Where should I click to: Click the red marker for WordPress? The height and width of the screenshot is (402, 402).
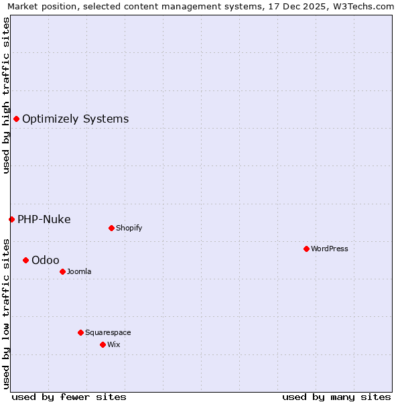[x=306, y=249]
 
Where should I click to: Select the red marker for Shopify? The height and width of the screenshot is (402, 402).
[x=111, y=228]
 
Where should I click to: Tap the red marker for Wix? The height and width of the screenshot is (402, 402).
[x=103, y=344]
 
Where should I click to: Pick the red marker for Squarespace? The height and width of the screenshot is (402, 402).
[x=80, y=332]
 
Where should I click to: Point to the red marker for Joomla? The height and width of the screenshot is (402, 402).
[x=62, y=271]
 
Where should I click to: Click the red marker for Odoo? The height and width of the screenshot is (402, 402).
[x=25, y=260]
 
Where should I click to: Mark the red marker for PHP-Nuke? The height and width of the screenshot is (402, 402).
[x=11, y=219]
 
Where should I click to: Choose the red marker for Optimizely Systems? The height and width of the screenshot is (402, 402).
[x=16, y=119]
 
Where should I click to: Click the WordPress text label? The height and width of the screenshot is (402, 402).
[x=330, y=249]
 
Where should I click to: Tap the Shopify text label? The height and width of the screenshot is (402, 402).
[x=129, y=228]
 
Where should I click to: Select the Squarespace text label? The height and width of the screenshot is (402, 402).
[x=108, y=332]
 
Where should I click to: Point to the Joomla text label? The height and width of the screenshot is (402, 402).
[x=79, y=271]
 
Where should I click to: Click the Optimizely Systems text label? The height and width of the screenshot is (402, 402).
[x=76, y=119]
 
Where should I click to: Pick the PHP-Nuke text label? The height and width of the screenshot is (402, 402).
[x=44, y=219]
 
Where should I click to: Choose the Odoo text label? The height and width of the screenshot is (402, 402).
[x=46, y=260]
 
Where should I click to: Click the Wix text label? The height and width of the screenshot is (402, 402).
[x=114, y=344]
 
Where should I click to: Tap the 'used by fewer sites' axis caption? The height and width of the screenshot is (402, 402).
[x=69, y=397]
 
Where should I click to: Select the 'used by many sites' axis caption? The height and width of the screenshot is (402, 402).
[x=336, y=397]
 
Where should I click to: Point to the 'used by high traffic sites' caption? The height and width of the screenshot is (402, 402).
[x=7, y=95]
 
